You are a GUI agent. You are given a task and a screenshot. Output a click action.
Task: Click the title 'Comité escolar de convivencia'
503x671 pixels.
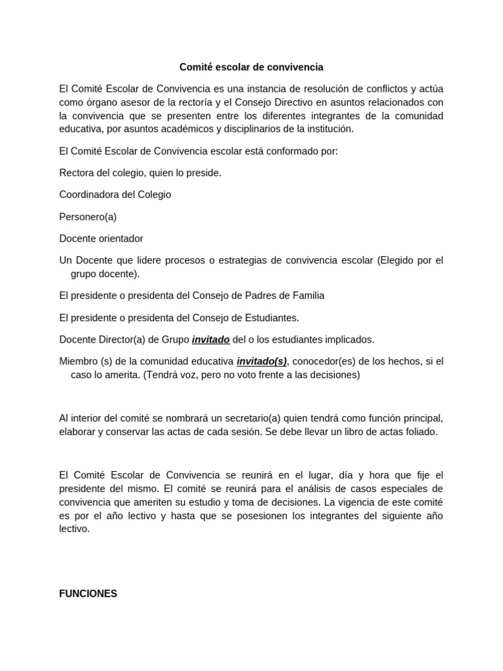[x=251, y=67]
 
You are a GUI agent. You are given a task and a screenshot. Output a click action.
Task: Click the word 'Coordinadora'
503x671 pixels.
[x=88, y=195]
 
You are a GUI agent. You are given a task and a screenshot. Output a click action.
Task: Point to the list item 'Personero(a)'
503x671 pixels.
[x=88, y=217]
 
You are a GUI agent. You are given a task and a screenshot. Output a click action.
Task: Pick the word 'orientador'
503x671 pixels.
[x=121, y=239]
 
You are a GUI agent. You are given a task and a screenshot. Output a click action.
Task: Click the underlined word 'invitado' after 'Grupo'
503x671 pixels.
[x=211, y=339]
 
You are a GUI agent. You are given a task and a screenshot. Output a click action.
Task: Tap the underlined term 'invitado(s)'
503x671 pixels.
[x=261, y=361]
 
